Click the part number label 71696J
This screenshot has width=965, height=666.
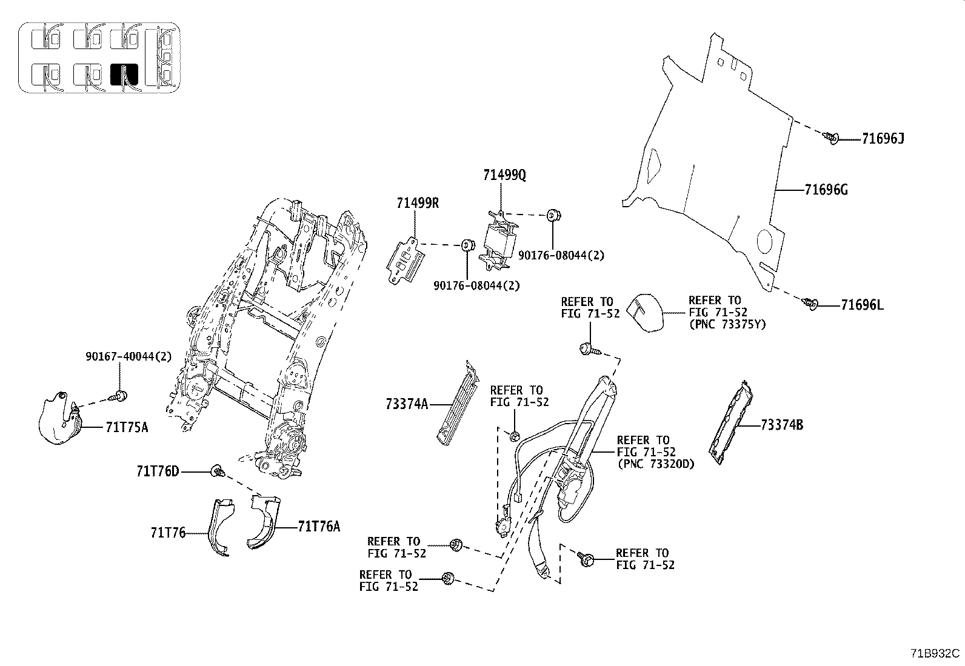883,139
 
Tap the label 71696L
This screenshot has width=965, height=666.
861,305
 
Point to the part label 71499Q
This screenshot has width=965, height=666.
504,176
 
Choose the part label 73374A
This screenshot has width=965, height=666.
406,404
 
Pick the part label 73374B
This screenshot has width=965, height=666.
781,425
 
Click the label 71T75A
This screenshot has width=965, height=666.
126,428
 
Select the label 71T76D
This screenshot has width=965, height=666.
158,471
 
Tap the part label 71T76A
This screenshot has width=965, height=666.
319,527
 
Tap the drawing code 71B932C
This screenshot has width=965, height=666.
935,653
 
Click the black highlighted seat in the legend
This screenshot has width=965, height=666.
124,74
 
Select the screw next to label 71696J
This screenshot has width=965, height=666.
830,138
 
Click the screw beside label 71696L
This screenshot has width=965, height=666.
810,302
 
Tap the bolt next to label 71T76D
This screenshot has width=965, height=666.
217,471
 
